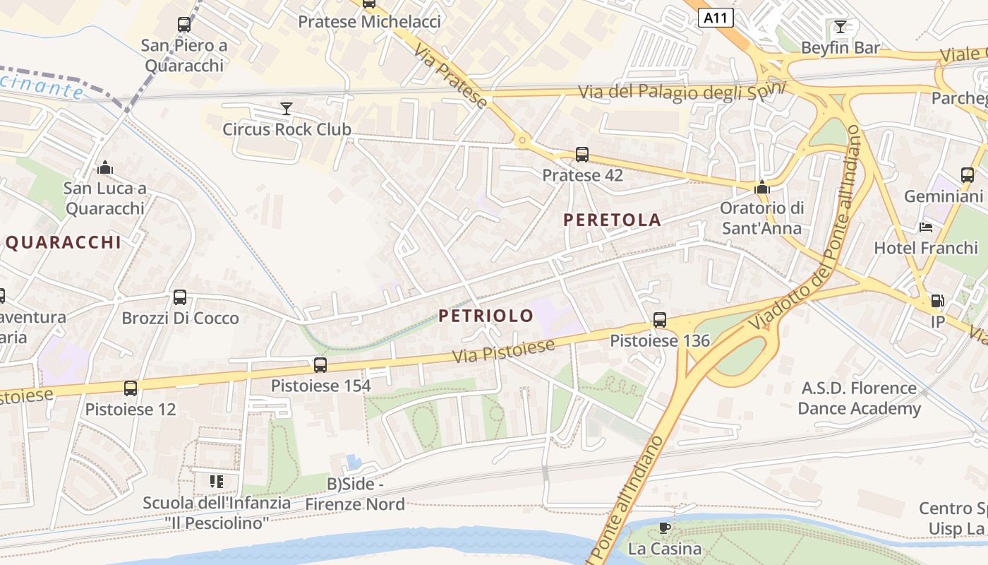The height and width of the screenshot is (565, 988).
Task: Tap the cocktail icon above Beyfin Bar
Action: (840, 27)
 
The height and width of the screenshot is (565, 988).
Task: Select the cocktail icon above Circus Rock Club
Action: (286, 108)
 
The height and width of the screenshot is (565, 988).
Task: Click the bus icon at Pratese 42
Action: (582, 154)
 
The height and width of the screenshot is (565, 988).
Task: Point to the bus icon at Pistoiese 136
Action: (660, 319)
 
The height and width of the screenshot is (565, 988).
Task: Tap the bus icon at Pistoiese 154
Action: (320, 364)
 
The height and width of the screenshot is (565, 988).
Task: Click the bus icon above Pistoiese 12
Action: (131, 388)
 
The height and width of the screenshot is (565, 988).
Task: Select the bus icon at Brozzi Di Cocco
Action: (180, 297)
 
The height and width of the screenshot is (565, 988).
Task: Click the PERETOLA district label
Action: (613, 220)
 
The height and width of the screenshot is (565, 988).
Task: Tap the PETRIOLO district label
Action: (486, 316)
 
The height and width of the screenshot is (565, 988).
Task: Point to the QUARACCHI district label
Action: (64, 242)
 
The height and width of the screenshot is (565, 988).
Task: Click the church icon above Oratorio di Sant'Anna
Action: (761, 187)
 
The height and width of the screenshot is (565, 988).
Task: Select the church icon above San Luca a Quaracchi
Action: (105, 167)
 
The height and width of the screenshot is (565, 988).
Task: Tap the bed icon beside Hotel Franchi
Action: (927, 227)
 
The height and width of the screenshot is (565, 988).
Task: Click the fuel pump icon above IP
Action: (937, 300)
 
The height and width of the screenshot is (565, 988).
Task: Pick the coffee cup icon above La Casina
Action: (664, 528)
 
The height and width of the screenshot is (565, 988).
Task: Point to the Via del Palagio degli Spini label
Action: (682, 92)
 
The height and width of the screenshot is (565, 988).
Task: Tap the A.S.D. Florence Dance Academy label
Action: (859, 398)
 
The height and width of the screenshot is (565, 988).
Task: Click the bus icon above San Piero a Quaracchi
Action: (184, 25)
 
